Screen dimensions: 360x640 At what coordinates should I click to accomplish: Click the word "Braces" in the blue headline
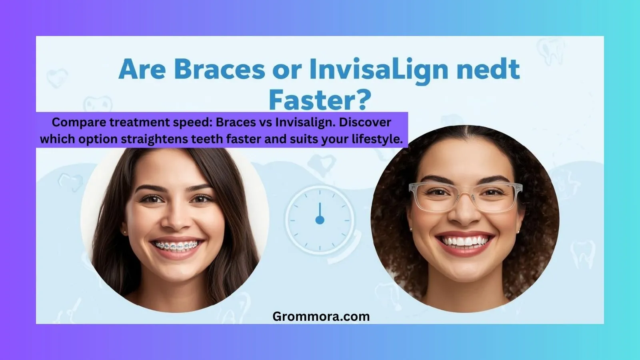(x=219, y=69)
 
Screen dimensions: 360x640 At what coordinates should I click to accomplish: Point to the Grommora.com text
(x=321, y=316)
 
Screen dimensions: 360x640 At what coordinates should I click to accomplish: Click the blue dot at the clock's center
(x=320, y=220)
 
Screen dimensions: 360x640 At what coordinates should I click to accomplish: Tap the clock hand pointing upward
(x=320, y=210)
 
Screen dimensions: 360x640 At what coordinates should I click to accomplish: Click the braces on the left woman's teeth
(x=176, y=245)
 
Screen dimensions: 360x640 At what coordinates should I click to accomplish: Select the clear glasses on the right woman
(x=465, y=196)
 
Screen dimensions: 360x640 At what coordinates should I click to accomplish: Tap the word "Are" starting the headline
(x=142, y=69)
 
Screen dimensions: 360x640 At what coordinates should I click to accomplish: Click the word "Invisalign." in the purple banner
(x=305, y=122)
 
